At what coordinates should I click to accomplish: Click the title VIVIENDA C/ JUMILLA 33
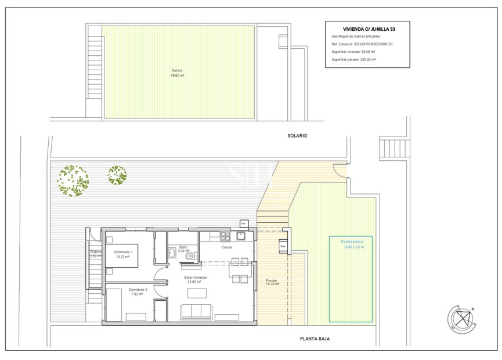(367, 28)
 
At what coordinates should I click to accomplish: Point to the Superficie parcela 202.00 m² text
(353, 59)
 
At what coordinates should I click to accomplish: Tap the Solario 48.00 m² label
(177, 73)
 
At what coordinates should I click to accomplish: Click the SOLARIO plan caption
(297, 135)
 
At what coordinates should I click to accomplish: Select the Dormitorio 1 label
(124, 254)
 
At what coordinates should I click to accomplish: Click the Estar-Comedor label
(196, 279)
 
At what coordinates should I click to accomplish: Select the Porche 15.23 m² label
(272, 283)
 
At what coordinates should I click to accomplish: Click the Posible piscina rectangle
(351, 279)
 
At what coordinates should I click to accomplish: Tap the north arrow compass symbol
(462, 319)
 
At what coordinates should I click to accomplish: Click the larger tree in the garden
(73, 181)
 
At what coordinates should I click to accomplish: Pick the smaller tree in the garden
(117, 175)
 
